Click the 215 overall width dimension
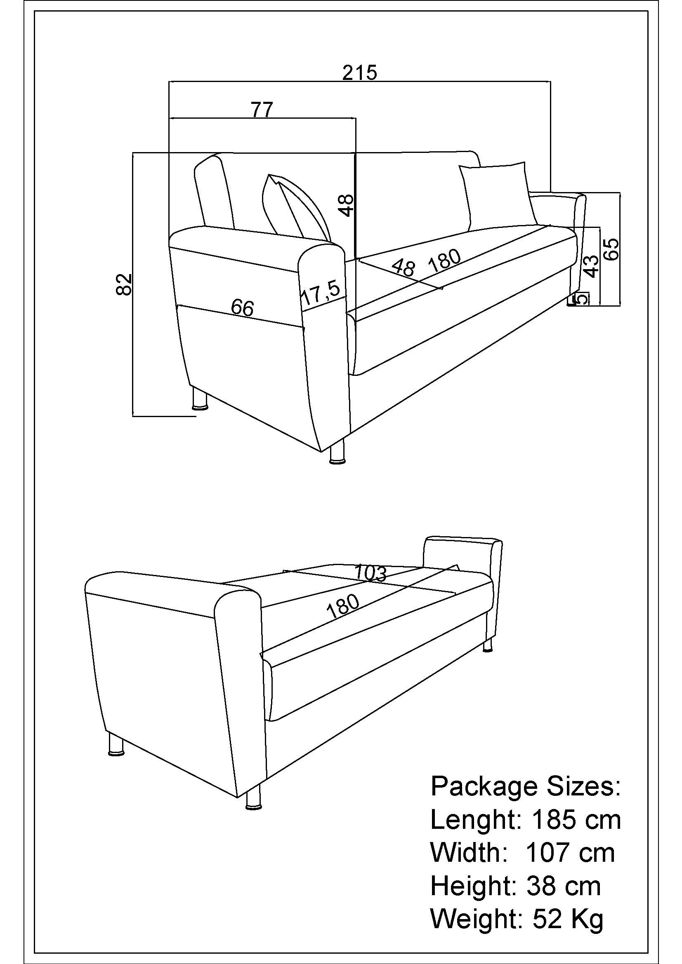[x=360, y=73]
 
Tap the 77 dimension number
[x=262, y=110]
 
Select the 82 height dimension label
[x=124, y=284]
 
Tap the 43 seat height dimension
[x=592, y=266]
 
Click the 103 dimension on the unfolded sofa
[x=370, y=573]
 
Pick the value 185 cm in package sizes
[x=576, y=820]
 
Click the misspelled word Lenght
[x=476, y=820]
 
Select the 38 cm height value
[x=563, y=886]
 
